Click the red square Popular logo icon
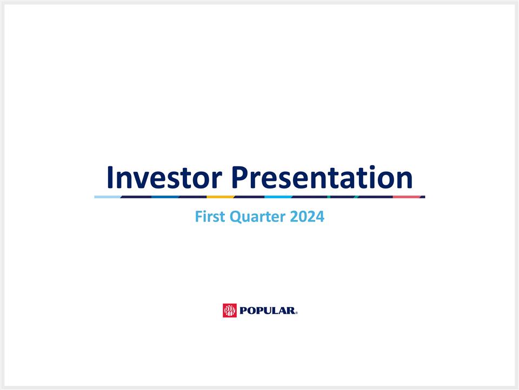click(x=230, y=310)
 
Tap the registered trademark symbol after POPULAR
click(x=297, y=313)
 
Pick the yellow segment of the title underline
click(x=221, y=197)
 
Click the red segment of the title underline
click(x=407, y=197)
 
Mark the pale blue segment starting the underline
click(x=107, y=197)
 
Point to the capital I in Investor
click(x=111, y=177)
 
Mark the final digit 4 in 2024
click(x=320, y=218)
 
